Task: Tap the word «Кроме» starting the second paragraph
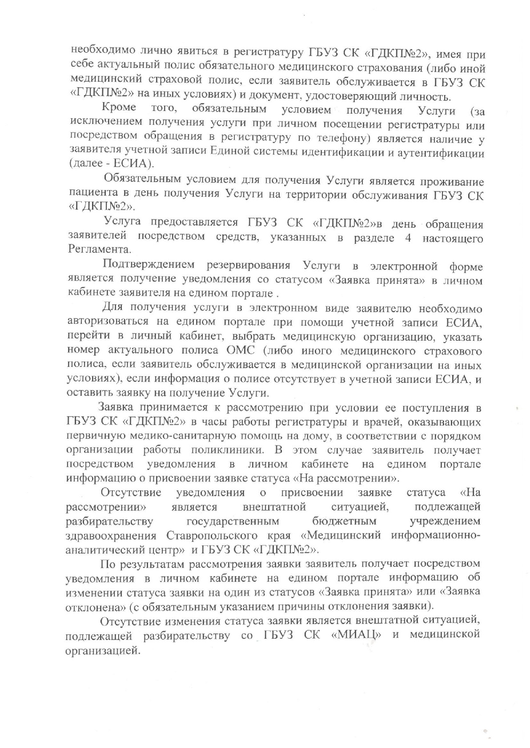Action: click(119, 108)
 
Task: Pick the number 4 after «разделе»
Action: click(408, 238)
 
